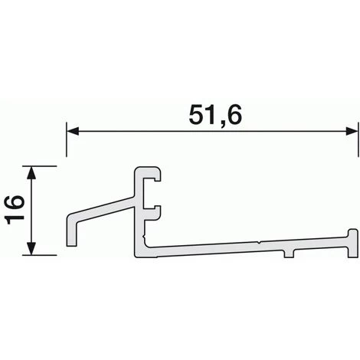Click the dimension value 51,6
tap(212, 114)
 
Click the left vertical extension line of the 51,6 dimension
tap(67, 153)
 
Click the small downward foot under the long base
tap(290, 254)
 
